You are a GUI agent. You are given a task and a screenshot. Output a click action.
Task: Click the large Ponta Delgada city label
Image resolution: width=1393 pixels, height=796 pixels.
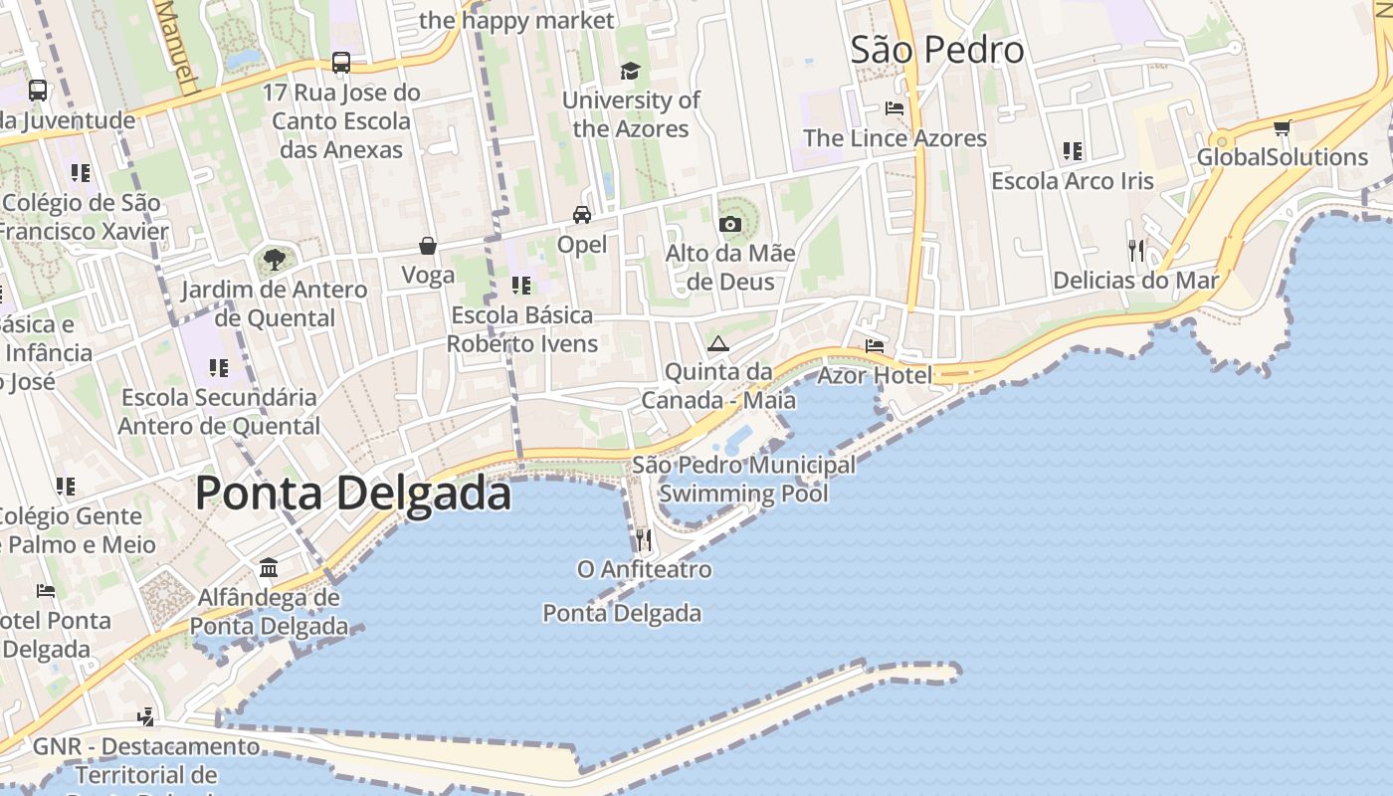(353, 494)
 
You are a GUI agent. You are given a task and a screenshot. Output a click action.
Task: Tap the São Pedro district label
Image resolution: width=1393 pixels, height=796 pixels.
(936, 50)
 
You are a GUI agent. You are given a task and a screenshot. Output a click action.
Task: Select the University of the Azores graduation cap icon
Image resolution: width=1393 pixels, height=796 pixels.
(630, 71)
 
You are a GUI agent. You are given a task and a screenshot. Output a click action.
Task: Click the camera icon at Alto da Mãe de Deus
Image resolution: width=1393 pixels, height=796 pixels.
(730, 224)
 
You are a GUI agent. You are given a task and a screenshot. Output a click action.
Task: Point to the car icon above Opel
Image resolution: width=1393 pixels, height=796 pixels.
(582, 214)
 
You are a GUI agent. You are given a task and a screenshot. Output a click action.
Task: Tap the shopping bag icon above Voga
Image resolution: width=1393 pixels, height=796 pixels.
(428, 245)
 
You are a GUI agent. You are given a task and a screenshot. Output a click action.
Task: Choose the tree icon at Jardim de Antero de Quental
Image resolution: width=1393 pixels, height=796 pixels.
(275, 261)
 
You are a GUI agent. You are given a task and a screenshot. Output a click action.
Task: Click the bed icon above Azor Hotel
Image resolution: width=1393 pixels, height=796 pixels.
(875, 345)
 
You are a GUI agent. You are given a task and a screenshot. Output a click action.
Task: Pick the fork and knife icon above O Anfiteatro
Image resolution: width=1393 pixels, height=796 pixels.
(644, 539)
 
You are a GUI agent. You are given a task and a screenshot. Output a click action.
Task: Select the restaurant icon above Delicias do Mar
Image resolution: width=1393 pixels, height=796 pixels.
(1136, 250)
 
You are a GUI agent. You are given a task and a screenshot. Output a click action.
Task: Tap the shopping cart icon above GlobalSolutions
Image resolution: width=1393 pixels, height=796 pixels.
(1283, 127)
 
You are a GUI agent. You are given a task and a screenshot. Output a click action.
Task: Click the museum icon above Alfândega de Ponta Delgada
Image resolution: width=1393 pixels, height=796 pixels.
(269, 567)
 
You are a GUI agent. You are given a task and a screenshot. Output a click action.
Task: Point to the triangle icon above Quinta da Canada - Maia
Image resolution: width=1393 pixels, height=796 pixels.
(717, 344)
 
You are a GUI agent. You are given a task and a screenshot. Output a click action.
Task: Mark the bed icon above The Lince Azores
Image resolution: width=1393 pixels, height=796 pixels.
(895, 107)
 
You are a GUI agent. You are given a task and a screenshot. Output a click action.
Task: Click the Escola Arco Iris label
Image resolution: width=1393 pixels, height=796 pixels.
(1073, 181)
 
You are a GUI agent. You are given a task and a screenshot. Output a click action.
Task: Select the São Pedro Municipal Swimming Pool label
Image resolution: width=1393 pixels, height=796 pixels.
(743, 479)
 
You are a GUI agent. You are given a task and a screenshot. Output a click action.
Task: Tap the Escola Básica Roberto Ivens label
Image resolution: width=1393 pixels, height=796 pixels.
(522, 329)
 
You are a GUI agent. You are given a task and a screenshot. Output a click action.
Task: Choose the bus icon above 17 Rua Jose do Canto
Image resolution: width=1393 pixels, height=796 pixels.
(341, 63)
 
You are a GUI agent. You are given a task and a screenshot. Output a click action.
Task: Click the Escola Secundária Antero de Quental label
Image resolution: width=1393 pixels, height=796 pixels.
(219, 412)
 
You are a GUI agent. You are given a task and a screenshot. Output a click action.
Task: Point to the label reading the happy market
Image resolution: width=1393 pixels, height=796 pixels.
(517, 20)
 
